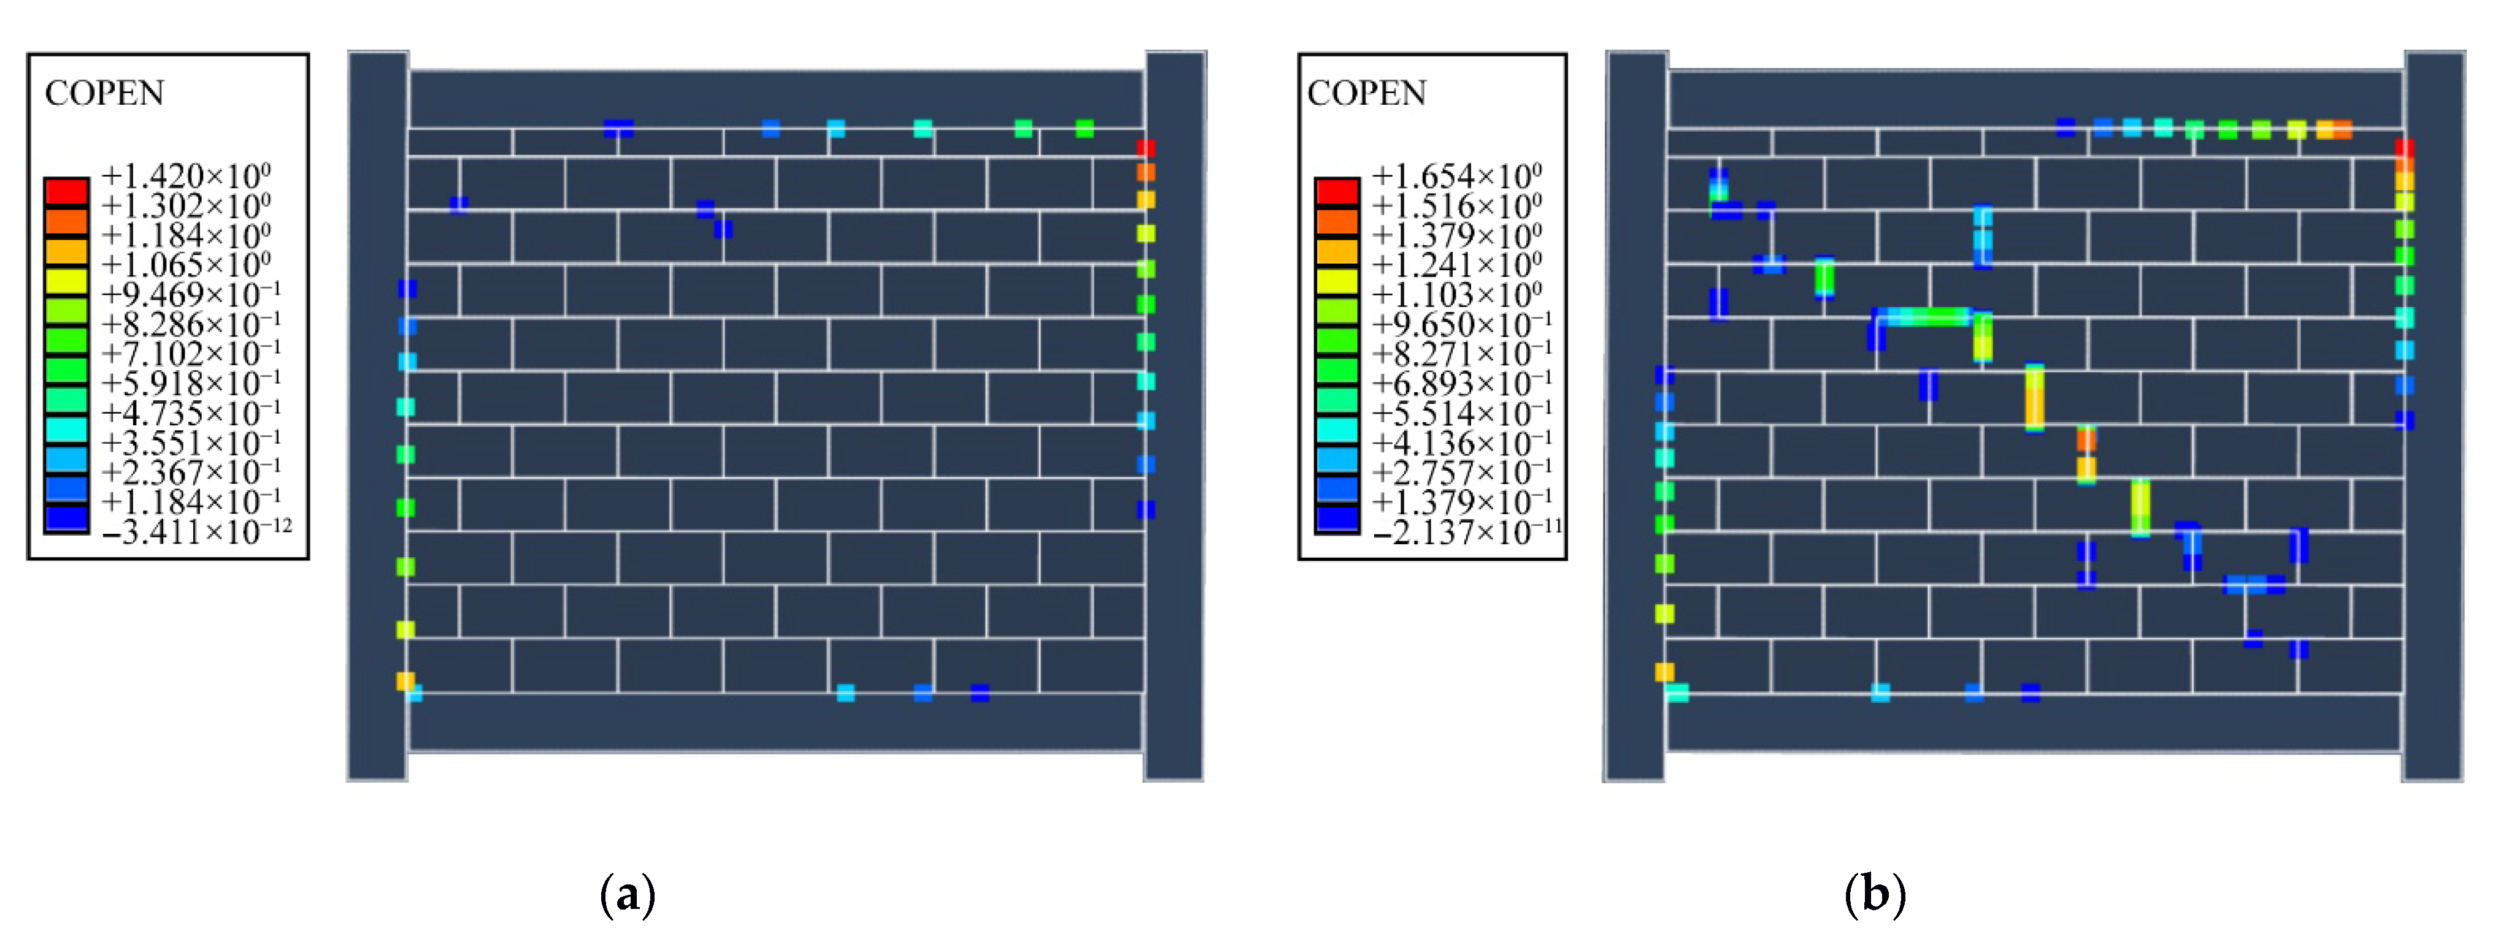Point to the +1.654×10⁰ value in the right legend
tap(1456, 176)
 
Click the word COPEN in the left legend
tap(104, 93)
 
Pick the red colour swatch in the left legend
tap(66, 191)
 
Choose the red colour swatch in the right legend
tap(1337, 191)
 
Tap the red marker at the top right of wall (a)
tap(1146, 148)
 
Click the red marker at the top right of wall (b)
tap(2404, 148)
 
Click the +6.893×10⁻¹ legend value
tap(1461, 383)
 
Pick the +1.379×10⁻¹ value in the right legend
tap(1461, 502)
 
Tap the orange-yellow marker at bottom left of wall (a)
tap(405, 681)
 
